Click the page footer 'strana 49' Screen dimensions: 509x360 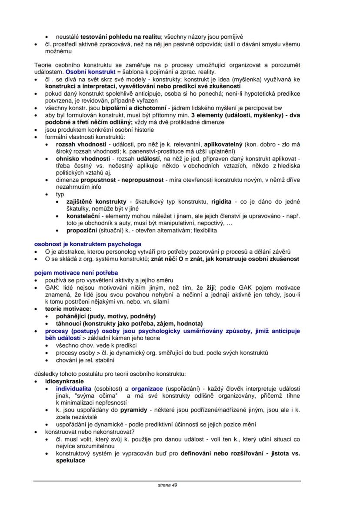[x=167, y=486]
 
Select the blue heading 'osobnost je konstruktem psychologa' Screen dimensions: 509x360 [x=87, y=244]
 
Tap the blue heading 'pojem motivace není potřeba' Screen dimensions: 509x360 [x=76, y=273]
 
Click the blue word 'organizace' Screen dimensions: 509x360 [x=147, y=388]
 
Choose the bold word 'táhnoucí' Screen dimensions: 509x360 [x=70, y=323]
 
